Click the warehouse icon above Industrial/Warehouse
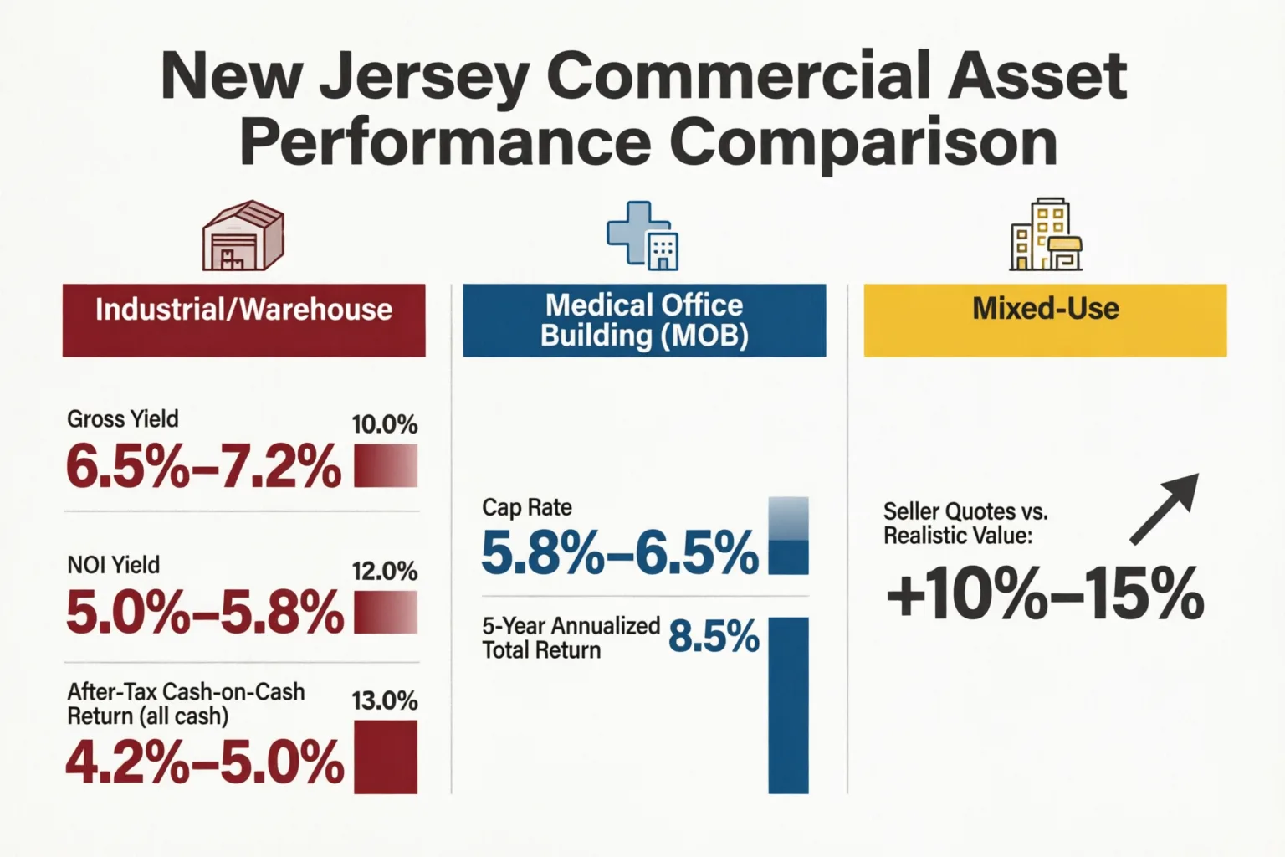pos(243,235)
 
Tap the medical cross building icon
pos(642,235)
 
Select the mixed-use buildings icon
pos(1045,234)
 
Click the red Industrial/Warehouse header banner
pos(243,321)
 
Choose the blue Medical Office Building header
pos(644,321)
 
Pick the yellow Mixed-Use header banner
pos(1045,321)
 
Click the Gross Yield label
pos(123,419)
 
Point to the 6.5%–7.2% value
pos(203,465)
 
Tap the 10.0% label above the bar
pos(385,425)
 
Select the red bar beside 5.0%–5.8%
pos(386,613)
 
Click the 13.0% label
pos(385,701)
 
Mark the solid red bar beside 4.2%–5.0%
pos(386,757)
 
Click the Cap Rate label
pos(526,508)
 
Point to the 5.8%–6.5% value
pos(620,553)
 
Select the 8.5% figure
pos(714,637)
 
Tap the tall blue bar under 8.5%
pos(788,706)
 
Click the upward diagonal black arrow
pos(1164,509)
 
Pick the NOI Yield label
pos(114,566)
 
